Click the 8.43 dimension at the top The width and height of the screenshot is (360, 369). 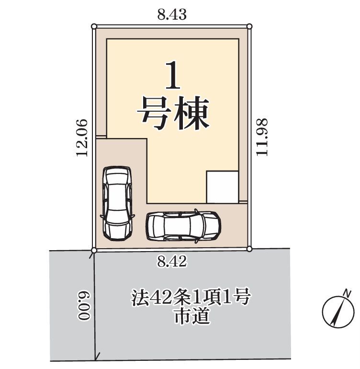click(172, 14)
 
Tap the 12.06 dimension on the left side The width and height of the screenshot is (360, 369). click(82, 138)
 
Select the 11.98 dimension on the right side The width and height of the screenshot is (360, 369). click(262, 137)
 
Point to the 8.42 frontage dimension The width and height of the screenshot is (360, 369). click(172, 261)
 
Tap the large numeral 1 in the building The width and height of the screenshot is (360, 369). click(173, 75)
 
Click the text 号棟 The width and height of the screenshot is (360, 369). click(173, 113)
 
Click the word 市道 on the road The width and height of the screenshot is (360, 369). click(191, 316)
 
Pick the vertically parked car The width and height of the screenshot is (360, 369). click(117, 203)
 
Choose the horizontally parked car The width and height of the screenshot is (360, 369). click(183, 226)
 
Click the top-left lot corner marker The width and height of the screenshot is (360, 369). click(94, 26)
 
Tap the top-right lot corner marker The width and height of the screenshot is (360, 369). click(250, 26)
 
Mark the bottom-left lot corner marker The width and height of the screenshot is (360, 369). click(94, 250)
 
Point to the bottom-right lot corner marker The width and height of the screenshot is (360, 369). click(250, 249)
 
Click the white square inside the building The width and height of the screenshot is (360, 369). click(223, 187)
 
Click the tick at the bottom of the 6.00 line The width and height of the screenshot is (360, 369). click(97, 356)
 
